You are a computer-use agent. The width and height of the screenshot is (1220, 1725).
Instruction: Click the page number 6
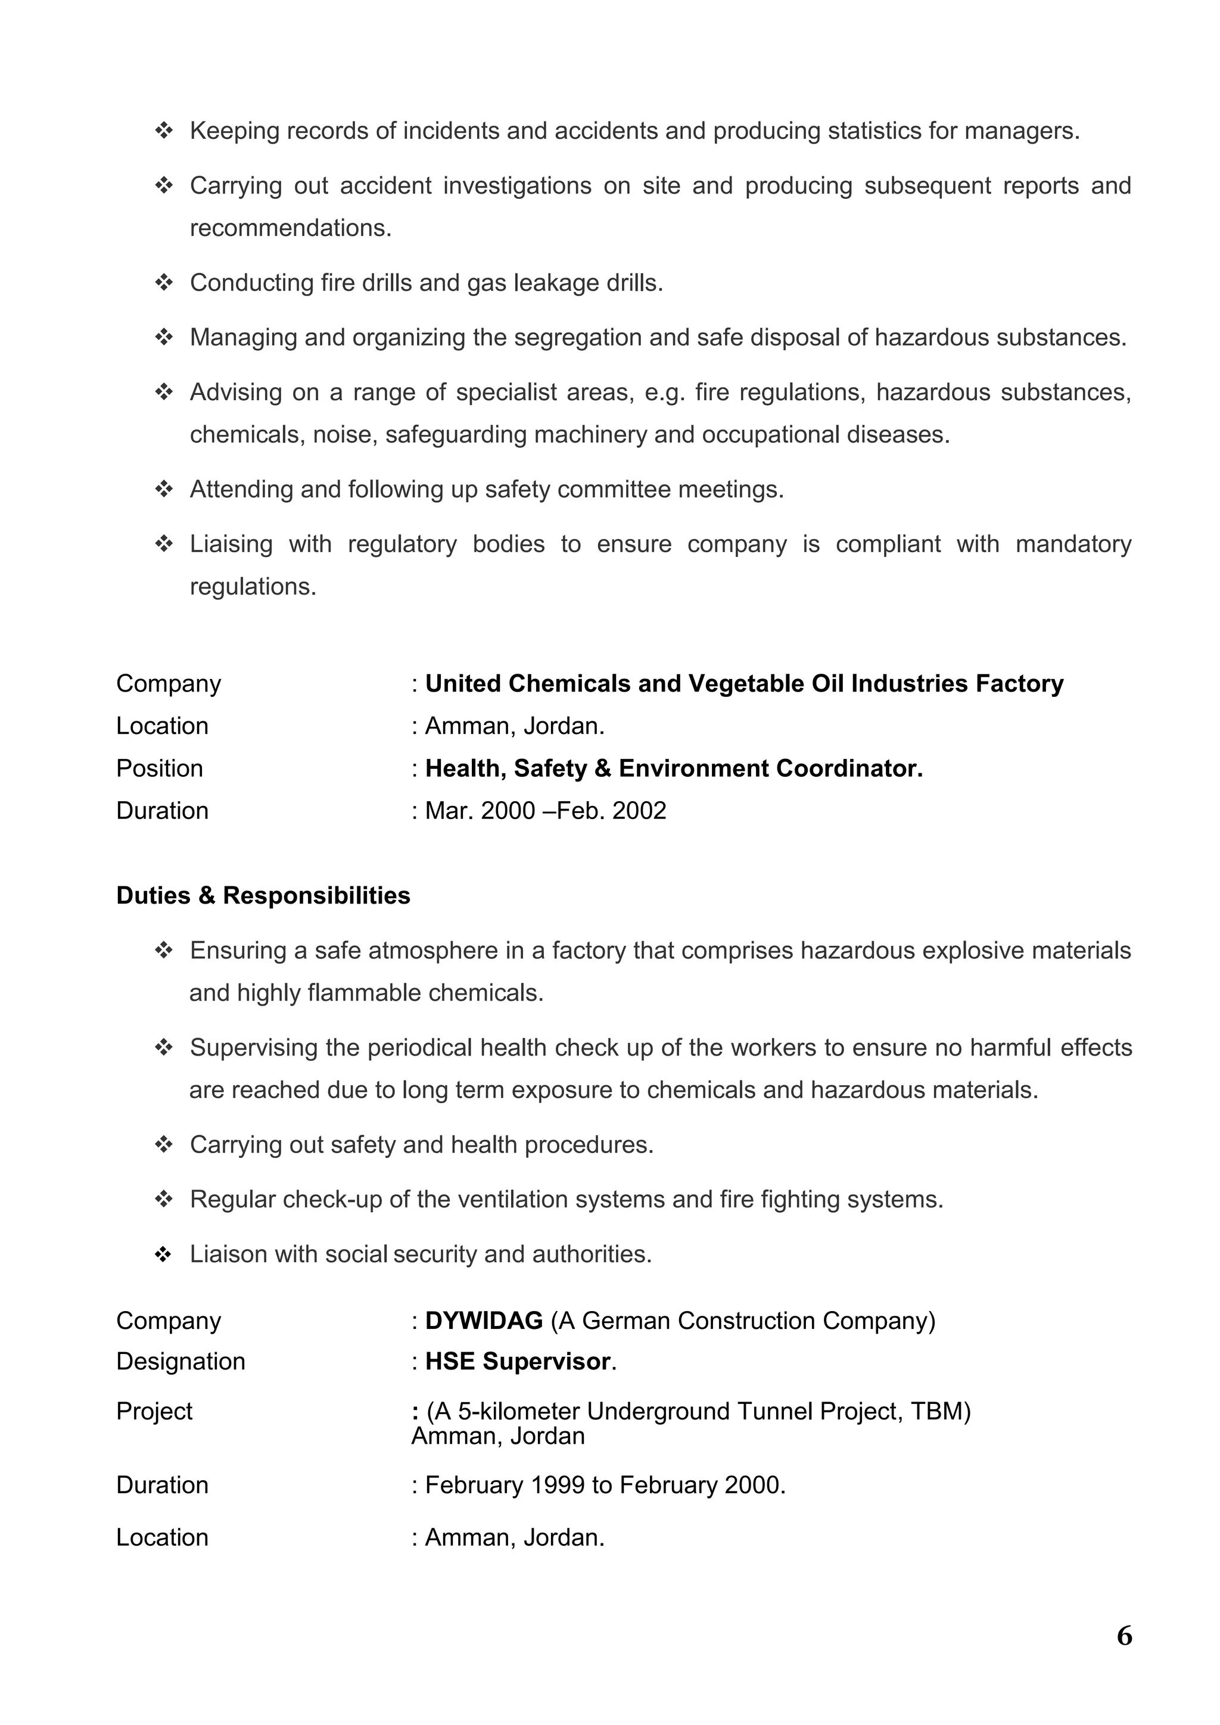pyautogui.click(x=1124, y=1636)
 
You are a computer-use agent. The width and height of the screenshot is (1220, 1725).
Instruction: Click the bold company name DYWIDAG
pyautogui.click(x=483, y=1321)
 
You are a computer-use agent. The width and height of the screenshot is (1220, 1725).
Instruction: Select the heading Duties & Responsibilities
pyautogui.click(x=263, y=895)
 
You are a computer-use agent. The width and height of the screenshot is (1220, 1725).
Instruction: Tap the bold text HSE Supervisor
pyautogui.click(x=518, y=1362)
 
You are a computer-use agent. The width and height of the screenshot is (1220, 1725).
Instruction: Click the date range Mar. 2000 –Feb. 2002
pyautogui.click(x=546, y=811)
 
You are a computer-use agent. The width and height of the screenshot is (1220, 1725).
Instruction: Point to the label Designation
pyautogui.click(x=180, y=1362)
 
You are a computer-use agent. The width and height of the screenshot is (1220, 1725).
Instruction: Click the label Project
pyautogui.click(x=154, y=1411)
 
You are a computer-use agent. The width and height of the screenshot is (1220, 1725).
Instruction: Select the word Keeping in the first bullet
pyautogui.click(x=234, y=130)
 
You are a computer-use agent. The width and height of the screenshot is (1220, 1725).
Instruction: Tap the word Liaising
pyautogui.click(x=231, y=544)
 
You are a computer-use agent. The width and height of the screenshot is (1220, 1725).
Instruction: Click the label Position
pyautogui.click(x=159, y=768)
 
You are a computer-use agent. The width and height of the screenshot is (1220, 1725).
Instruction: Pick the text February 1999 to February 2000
pyautogui.click(x=605, y=1486)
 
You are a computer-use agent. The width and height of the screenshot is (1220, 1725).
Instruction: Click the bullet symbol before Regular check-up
pyautogui.click(x=164, y=1199)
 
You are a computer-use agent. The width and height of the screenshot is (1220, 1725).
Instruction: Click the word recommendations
pyautogui.click(x=290, y=228)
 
